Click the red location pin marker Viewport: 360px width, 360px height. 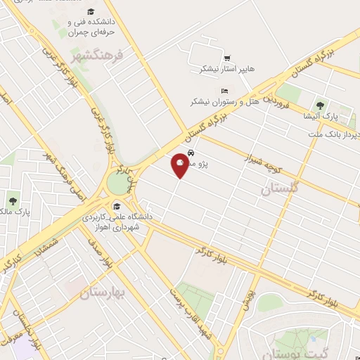pyautogui.click(x=180, y=164)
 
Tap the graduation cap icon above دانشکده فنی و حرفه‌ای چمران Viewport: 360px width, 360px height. pyautogui.click(x=91, y=12)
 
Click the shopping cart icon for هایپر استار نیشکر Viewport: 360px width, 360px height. pyautogui.click(x=227, y=58)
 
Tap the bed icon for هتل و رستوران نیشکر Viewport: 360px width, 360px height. pyautogui.click(x=224, y=91)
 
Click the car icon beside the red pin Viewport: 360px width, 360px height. pyautogui.click(x=191, y=153)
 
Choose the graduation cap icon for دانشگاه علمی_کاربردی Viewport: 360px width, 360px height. pyautogui.click(x=116, y=206)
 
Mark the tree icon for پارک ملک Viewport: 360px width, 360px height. pyautogui.click(x=11, y=202)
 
